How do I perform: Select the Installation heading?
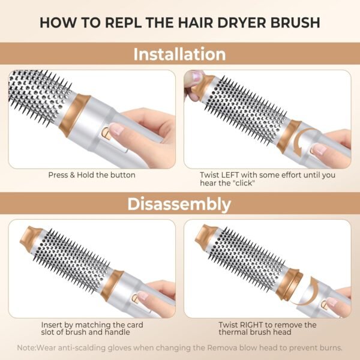point(179,55)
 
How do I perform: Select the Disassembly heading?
point(179,204)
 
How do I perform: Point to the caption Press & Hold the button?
point(92,175)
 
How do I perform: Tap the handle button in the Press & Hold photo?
point(106,130)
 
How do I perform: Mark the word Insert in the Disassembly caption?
point(61,325)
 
